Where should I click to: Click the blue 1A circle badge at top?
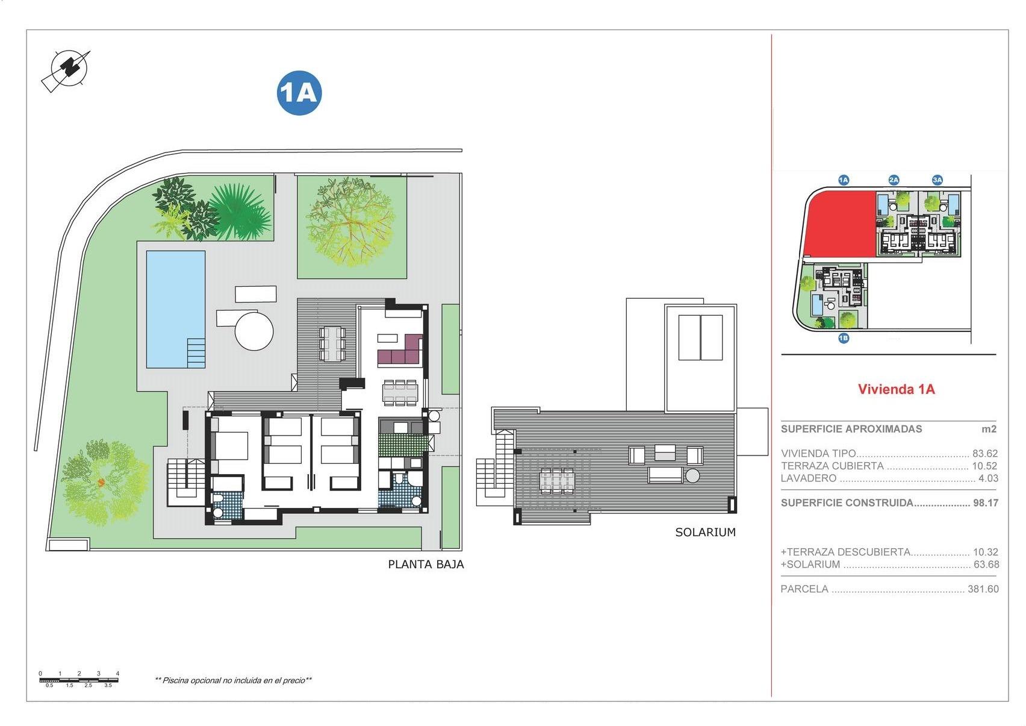coord(299,93)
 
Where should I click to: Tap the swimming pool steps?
coord(196,352)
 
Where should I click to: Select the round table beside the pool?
coord(254,331)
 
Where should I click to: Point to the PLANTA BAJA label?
coord(426,565)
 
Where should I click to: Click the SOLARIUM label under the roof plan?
coord(705,532)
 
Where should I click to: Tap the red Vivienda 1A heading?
coord(896,389)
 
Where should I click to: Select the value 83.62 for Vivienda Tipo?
coord(984,454)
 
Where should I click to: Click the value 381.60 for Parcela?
coord(983,589)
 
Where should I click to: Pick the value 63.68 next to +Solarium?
coord(986,565)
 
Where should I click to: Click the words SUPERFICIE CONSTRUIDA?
coord(847,502)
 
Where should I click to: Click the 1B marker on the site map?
coord(844,338)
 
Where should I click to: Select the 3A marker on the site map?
coord(937,180)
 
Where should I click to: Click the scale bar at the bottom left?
coord(78,680)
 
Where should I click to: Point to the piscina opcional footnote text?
coord(234,680)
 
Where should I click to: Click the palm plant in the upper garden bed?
coord(241,211)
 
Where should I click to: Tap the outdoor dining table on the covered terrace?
coord(332,343)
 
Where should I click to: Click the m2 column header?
coord(989,429)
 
